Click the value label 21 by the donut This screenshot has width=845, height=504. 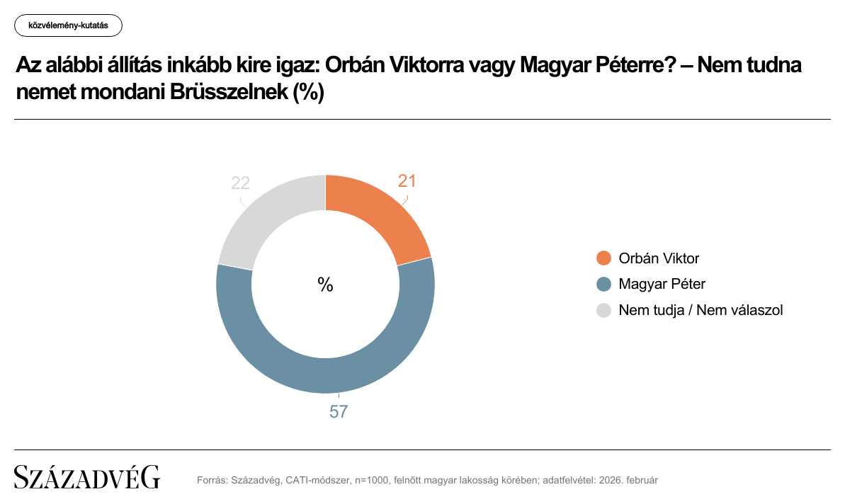[x=407, y=181]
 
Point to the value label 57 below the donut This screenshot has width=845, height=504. [x=339, y=411]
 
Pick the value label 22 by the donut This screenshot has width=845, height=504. [x=241, y=183]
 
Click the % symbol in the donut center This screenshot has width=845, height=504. [x=325, y=285]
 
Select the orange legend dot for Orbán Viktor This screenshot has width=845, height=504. [x=604, y=258]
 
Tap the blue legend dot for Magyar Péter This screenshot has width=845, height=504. [x=604, y=285]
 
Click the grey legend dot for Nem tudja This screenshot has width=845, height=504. [x=604, y=310]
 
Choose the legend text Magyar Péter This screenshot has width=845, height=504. [x=662, y=285]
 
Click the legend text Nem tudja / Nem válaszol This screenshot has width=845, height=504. [x=701, y=310]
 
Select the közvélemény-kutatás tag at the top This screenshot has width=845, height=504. [x=68, y=26]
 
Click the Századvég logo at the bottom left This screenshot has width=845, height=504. [x=87, y=478]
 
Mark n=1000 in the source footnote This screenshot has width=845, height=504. [x=369, y=480]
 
